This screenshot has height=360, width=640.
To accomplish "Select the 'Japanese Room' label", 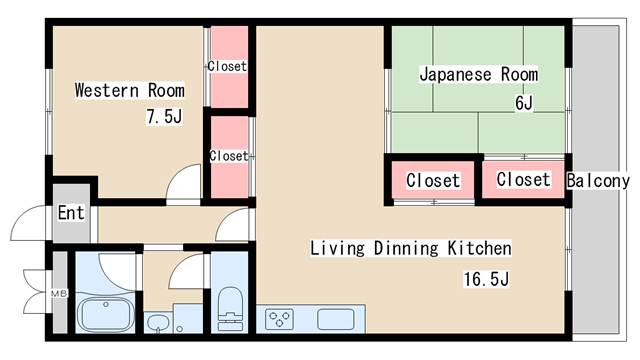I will point(478,74).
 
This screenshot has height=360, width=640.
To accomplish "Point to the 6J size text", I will point(523,102).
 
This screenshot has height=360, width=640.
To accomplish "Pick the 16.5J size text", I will point(487,278).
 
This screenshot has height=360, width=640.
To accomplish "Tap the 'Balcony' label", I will point(598,181).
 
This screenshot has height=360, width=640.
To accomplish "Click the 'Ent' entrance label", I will point(70,213).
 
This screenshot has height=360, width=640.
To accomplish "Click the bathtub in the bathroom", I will point(106,315).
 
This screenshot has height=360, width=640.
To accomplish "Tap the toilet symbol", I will point(231,306).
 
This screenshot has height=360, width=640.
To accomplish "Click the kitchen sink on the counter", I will point(336,320).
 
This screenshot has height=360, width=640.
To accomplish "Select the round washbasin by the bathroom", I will point(157,322).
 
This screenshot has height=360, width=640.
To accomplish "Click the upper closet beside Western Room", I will point(227,66).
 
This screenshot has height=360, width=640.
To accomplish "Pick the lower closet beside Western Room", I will point(228,156).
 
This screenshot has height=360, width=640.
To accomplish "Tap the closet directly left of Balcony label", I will point(523,180).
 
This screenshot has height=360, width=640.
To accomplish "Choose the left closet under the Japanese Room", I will point(432,181).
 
